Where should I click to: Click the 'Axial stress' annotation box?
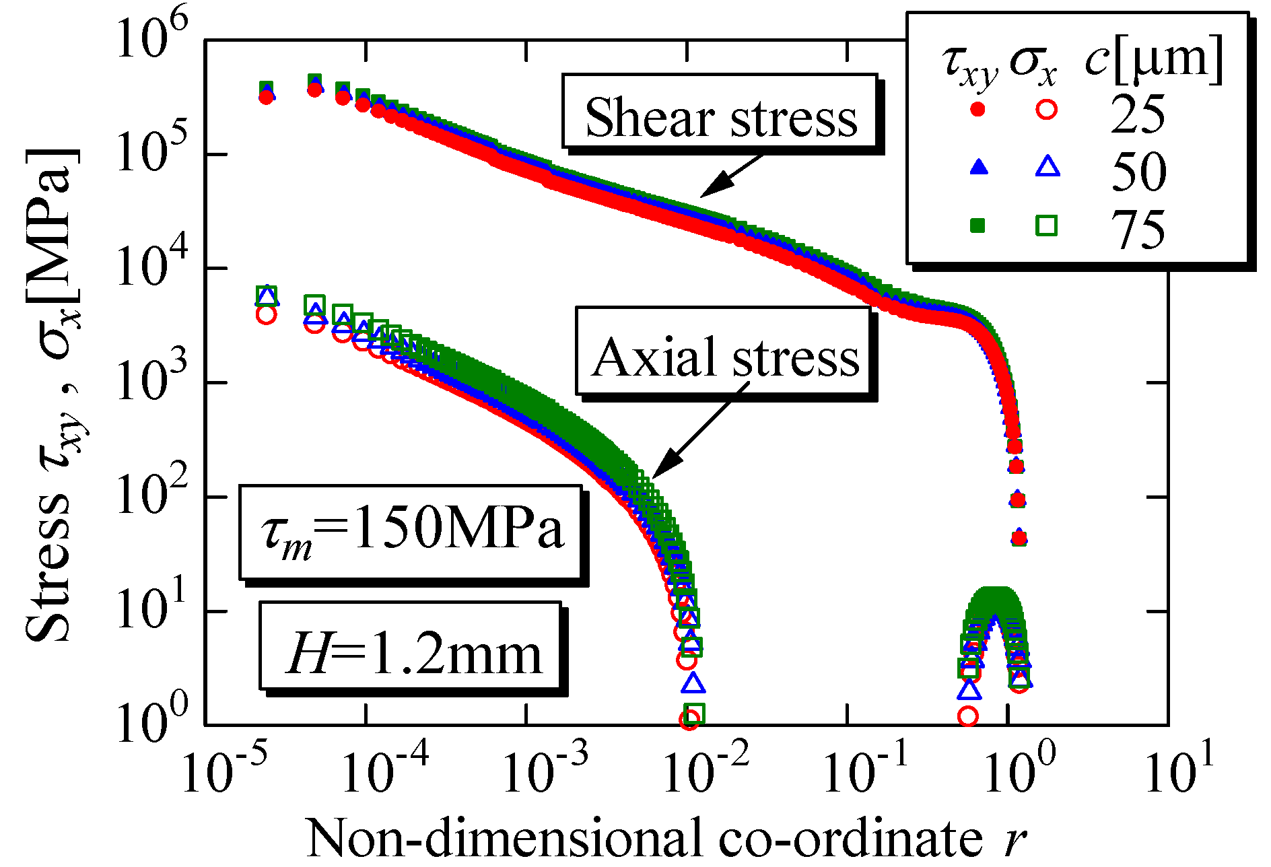pyautogui.click(x=724, y=351)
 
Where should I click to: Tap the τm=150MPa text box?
pyautogui.click(x=411, y=532)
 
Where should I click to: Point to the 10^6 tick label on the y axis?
pyautogui.click(x=151, y=39)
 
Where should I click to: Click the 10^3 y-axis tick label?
pyautogui.click(x=151, y=382)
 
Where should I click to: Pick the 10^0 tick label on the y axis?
pyautogui.click(x=151, y=724)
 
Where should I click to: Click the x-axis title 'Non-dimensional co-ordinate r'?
pyautogui.click(x=666, y=837)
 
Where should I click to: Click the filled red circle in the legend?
pyautogui.click(x=978, y=108)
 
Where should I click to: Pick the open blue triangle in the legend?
pyautogui.click(x=1047, y=166)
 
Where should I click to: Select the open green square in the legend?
pyautogui.click(x=1046, y=225)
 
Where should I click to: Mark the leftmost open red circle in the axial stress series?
pyautogui.click(x=266, y=314)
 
